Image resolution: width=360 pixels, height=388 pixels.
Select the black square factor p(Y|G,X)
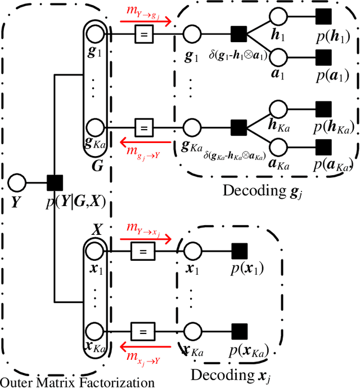point(55,182)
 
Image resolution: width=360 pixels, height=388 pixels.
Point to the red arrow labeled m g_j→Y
point(143,142)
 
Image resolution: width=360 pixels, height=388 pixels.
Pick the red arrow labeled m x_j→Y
point(143,348)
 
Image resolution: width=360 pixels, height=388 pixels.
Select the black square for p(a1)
point(323,56)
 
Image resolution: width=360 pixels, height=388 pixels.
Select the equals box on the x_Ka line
point(143,329)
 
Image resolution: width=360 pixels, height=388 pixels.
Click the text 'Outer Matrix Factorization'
point(77,382)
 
